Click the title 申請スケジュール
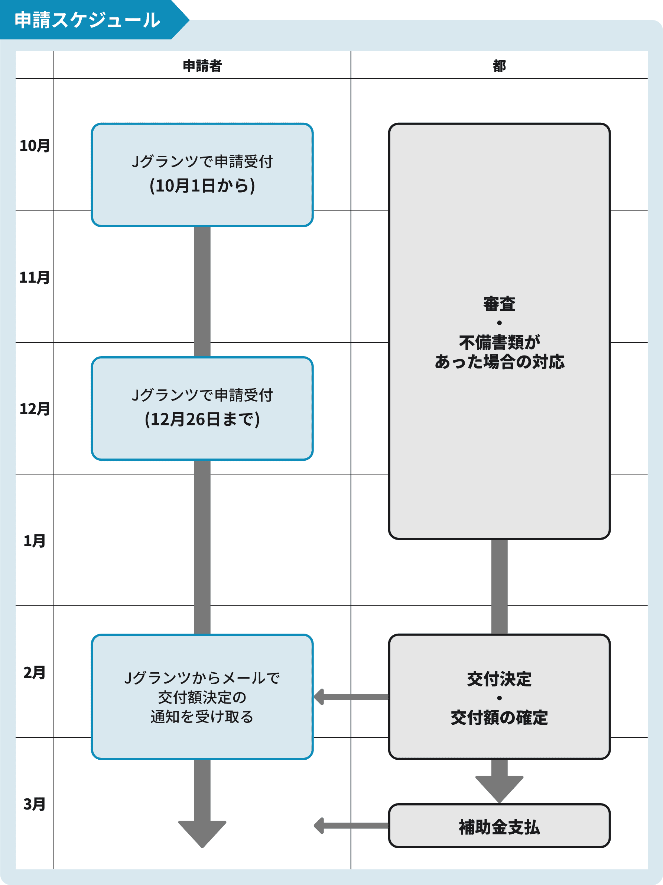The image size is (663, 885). [x=87, y=20]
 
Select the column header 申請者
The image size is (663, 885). [x=202, y=65]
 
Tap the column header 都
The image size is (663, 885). [x=499, y=65]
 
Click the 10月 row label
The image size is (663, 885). [x=35, y=146]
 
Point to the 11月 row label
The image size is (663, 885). [x=35, y=277]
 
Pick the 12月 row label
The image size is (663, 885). [x=35, y=409]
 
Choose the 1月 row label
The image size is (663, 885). [x=35, y=541]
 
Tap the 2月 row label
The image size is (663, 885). [x=35, y=673]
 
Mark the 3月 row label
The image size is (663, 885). [x=35, y=804]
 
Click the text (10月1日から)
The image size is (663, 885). [x=202, y=186]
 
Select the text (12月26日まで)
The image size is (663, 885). [x=202, y=419]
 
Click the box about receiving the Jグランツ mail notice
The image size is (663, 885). [x=202, y=697]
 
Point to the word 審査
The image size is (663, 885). [x=499, y=304]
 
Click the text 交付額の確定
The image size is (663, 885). [x=499, y=718]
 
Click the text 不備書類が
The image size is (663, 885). [x=499, y=342]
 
